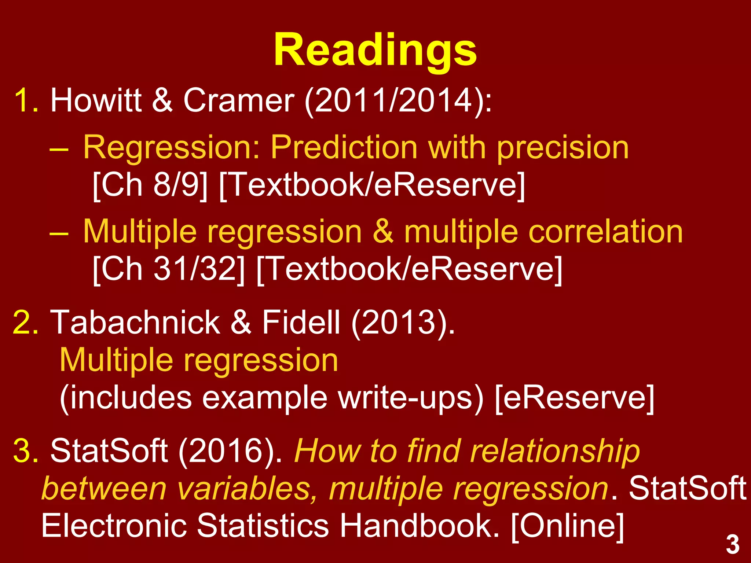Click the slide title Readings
pyautogui.click(x=375, y=50)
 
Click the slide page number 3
pyautogui.click(x=733, y=545)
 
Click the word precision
pyautogui.click(x=563, y=148)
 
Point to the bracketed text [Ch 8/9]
pyautogui.click(x=150, y=185)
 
